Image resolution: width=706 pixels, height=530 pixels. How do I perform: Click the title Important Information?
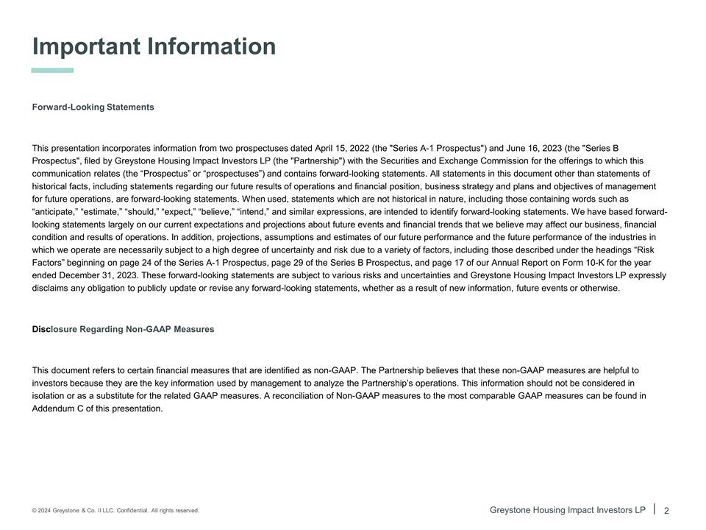(154, 46)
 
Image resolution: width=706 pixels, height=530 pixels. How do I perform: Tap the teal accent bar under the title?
(52, 71)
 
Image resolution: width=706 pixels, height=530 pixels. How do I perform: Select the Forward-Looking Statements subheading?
(93, 107)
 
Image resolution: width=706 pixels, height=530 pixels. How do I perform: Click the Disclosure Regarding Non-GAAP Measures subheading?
(123, 329)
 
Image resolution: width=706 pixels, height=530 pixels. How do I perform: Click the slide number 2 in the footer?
(666, 511)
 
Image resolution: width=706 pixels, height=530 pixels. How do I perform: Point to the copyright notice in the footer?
(115, 511)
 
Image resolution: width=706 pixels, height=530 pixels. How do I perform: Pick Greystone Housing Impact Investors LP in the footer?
(567, 510)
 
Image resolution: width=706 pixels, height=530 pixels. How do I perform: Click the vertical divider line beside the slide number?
(655, 509)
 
